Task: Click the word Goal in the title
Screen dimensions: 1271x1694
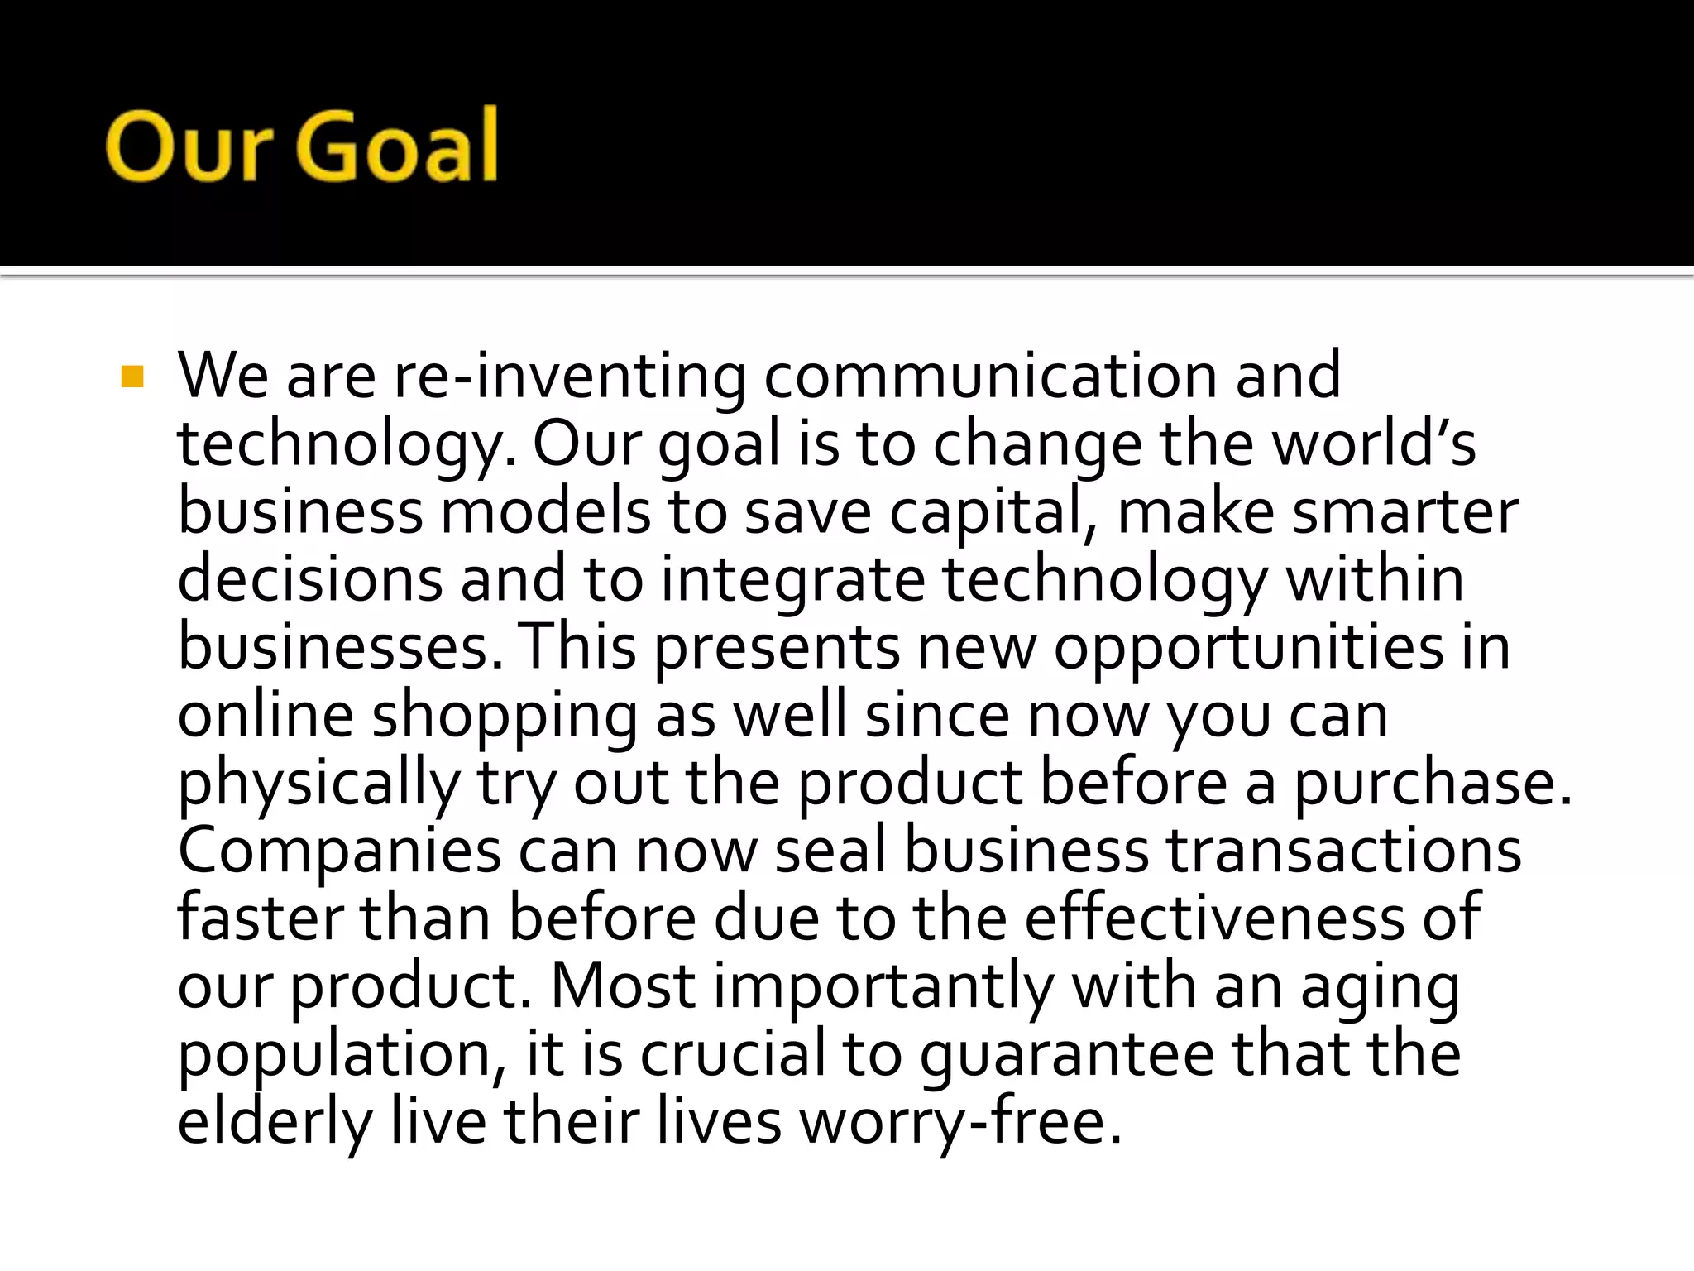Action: [x=397, y=146]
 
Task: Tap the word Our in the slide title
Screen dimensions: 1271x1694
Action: [x=189, y=146]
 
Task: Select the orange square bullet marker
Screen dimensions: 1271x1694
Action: [x=132, y=377]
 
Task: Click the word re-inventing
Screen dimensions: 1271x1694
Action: [x=569, y=377]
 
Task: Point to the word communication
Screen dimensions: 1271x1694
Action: [x=989, y=377]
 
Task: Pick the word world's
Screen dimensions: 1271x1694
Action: [x=1373, y=444]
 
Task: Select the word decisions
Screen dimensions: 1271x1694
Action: [x=310, y=579]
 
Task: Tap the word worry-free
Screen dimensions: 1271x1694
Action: [x=959, y=1123]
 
